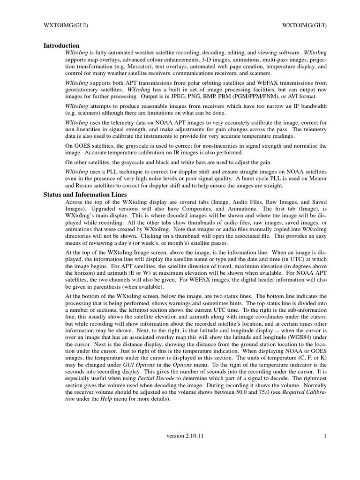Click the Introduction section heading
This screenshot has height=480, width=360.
[x=61, y=46]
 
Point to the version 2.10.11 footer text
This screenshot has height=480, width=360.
[x=185, y=436]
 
